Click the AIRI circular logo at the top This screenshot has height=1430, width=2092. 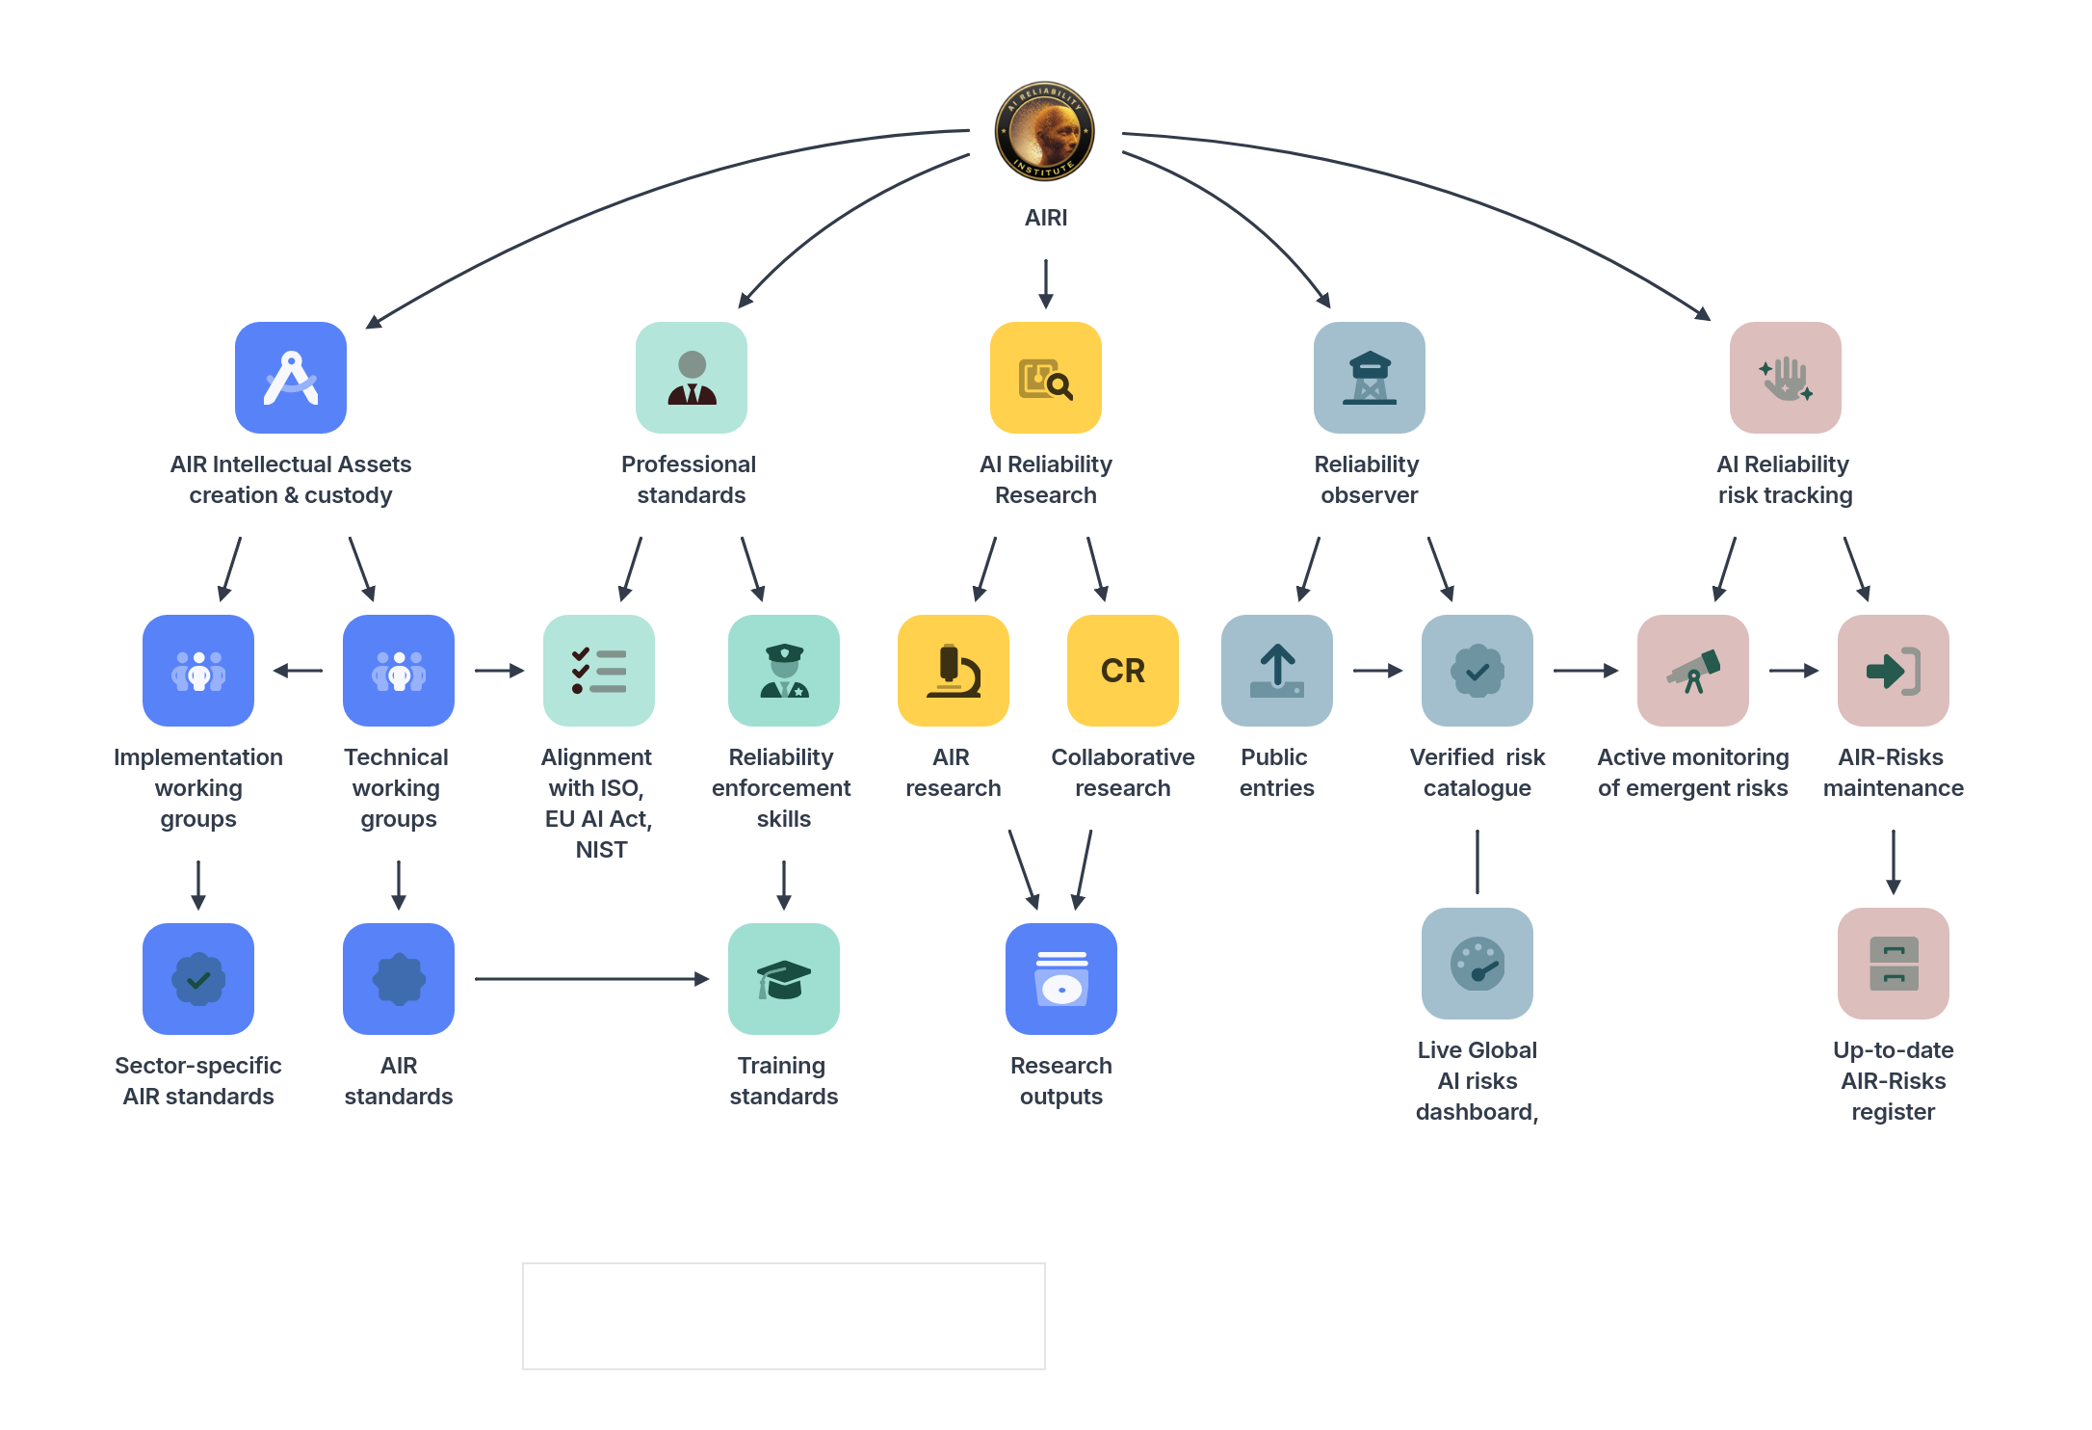(x=1045, y=131)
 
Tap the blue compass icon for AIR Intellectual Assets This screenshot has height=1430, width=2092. (x=291, y=378)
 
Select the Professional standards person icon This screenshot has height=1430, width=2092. (x=692, y=378)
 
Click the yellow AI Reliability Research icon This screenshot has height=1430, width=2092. (x=1046, y=378)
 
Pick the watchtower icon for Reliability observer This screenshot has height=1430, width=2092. (x=1370, y=378)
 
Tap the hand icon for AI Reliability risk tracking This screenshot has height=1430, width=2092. (x=1786, y=378)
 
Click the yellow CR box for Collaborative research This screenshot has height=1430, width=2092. (x=1123, y=671)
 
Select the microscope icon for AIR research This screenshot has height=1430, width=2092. (x=954, y=671)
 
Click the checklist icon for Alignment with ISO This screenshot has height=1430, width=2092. (x=599, y=671)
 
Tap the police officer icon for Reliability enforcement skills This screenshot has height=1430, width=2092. (x=784, y=671)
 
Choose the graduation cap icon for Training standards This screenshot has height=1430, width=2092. (x=784, y=979)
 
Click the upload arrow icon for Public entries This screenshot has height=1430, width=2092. (x=1277, y=671)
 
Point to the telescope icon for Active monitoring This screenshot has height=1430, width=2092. (x=1693, y=671)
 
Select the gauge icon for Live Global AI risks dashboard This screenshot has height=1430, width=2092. (x=1477, y=964)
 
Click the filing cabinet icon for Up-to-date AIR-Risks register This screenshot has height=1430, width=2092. (x=1894, y=964)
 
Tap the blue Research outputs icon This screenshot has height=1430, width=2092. (x=1061, y=979)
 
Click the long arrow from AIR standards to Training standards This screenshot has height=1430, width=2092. (x=591, y=979)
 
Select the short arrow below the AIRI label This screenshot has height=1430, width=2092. (x=1046, y=282)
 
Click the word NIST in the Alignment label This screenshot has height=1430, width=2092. (x=601, y=850)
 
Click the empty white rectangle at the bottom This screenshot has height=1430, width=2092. (x=784, y=1316)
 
